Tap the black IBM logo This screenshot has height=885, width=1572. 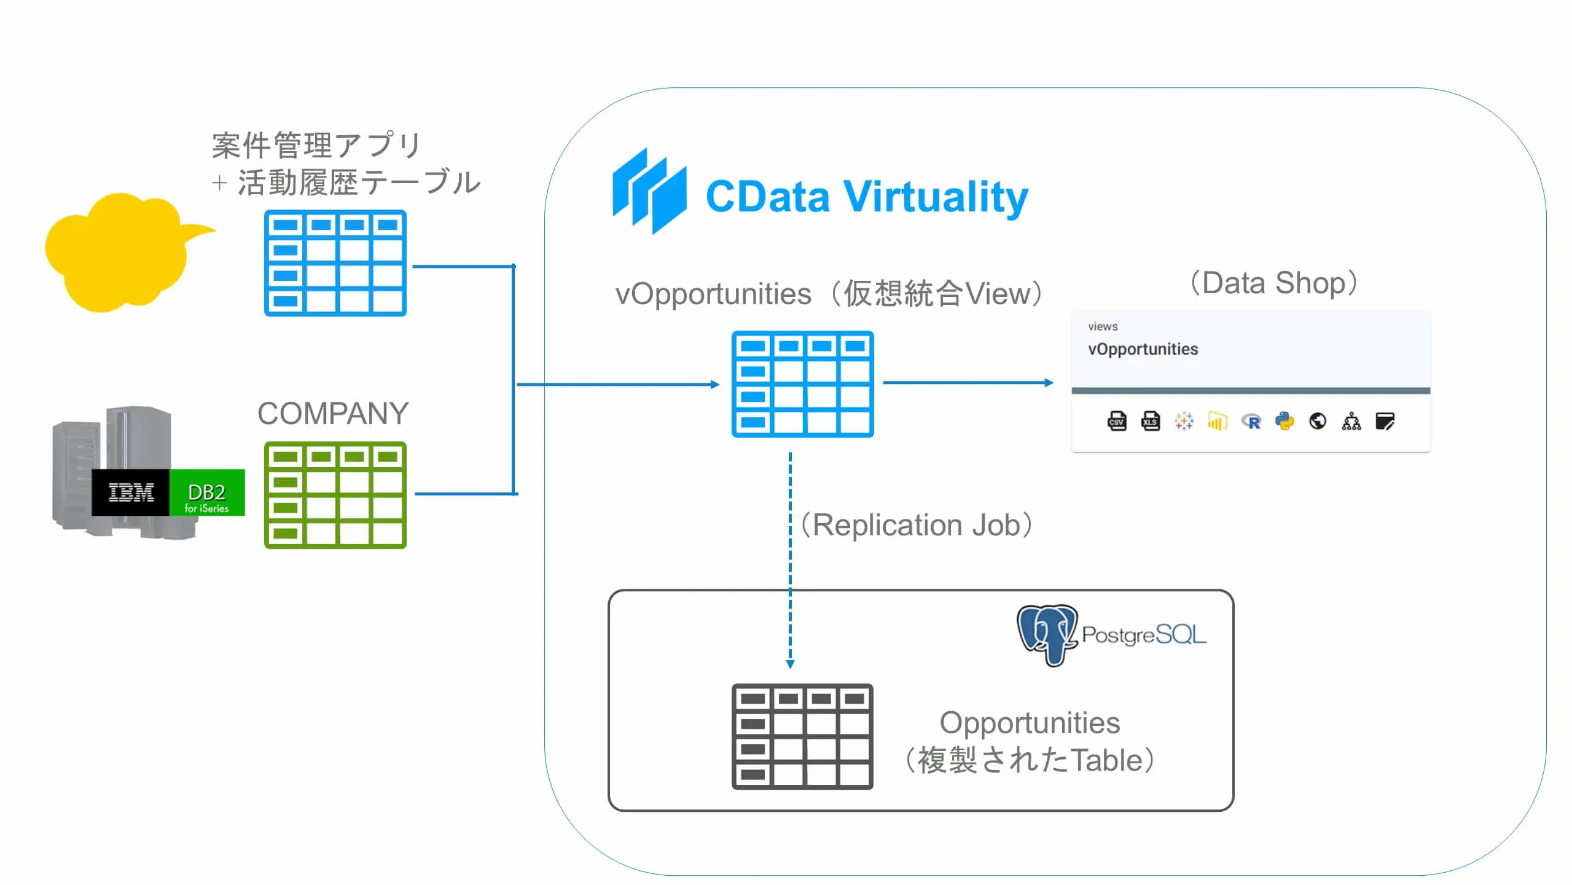point(130,492)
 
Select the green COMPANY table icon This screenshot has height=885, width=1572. point(335,495)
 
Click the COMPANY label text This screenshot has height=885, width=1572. point(333,413)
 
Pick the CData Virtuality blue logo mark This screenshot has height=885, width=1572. point(649,191)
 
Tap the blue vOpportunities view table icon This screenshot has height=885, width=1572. point(802,384)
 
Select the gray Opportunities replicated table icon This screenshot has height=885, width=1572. point(802,736)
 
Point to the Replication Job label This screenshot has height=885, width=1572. point(917,525)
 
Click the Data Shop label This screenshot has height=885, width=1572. point(1273,283)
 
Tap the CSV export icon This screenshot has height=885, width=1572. point(1117,422)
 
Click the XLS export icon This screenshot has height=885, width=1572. point(1150,422)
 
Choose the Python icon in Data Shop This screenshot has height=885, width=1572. point(1284,422)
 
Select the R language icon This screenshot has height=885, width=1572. point(1251,422)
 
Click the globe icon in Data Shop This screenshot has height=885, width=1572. point(1318,422)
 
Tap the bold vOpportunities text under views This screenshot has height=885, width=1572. point(1143,349)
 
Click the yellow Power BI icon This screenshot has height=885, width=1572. point(1217,422)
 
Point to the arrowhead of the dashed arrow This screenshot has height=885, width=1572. point(790,664)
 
